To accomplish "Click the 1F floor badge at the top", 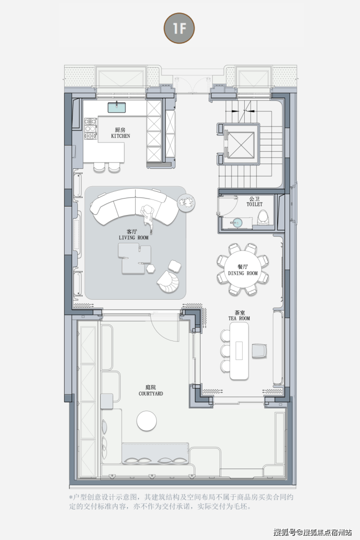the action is (x=179, y=28).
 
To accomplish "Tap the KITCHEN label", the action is (x=121, y=136).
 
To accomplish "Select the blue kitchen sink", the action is (x=117, y=108).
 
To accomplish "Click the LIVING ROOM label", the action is (x=134, y=237).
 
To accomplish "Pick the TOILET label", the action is (x=254, y=204).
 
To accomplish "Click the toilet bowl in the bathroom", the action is (x=264, y=217).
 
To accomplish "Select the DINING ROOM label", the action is (x=243, y=273).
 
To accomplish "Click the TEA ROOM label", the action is (x=239, y=318).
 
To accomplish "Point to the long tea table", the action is (x=239, y=351).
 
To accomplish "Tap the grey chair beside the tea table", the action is (x=259, y=351).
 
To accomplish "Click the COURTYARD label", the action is (x=151, y=394).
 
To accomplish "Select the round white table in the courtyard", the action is (x=146, y=421).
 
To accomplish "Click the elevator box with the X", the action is (x=241, y=143).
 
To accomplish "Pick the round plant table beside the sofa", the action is (x=186, y=203).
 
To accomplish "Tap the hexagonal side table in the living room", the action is (x=150, y=269).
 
